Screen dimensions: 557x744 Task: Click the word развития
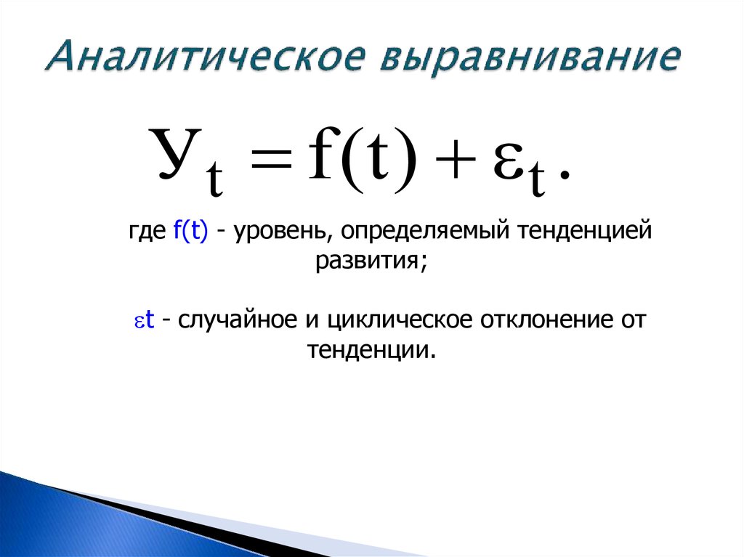point(369,260)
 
